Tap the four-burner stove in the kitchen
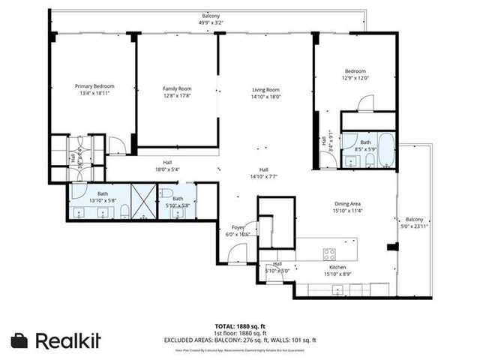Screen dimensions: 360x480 click(x=329, y=253)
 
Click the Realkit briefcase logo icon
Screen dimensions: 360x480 click(x=20, y=340)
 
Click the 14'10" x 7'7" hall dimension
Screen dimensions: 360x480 click(x=264, y=177)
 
